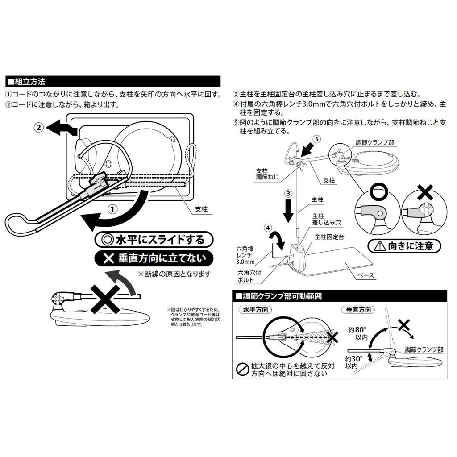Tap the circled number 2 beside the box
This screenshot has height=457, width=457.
[x=39, y=127]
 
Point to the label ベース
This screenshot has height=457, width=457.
[x=366, y=276]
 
